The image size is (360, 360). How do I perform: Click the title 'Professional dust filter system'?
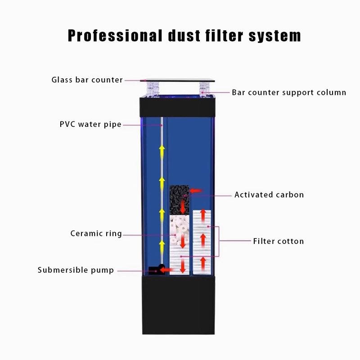point(184,36)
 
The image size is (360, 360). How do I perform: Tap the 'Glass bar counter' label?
point(87,80)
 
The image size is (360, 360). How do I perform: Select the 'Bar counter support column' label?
point(289,92)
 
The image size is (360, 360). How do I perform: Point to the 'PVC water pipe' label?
point(90,124)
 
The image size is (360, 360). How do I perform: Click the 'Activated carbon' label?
point(269,195)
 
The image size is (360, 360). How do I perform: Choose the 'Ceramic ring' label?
point(96,234)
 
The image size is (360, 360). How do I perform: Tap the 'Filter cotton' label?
point(279,241)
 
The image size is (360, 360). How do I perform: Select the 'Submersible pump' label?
point(76,270)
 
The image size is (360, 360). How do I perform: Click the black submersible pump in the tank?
point(157,270)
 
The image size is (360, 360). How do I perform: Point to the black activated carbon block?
point(179,200)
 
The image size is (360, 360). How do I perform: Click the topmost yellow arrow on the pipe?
point(162,151)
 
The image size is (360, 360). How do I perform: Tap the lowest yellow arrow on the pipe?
point(162,247)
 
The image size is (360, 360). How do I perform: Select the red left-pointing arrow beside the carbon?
point(196,190)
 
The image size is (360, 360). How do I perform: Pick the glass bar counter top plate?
point(177,81)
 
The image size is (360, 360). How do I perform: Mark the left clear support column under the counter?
point(153,89)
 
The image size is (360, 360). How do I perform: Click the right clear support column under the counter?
point(204,89)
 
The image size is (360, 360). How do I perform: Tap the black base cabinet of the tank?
point(178,305)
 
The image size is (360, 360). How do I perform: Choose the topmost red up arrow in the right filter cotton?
point(203,216)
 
